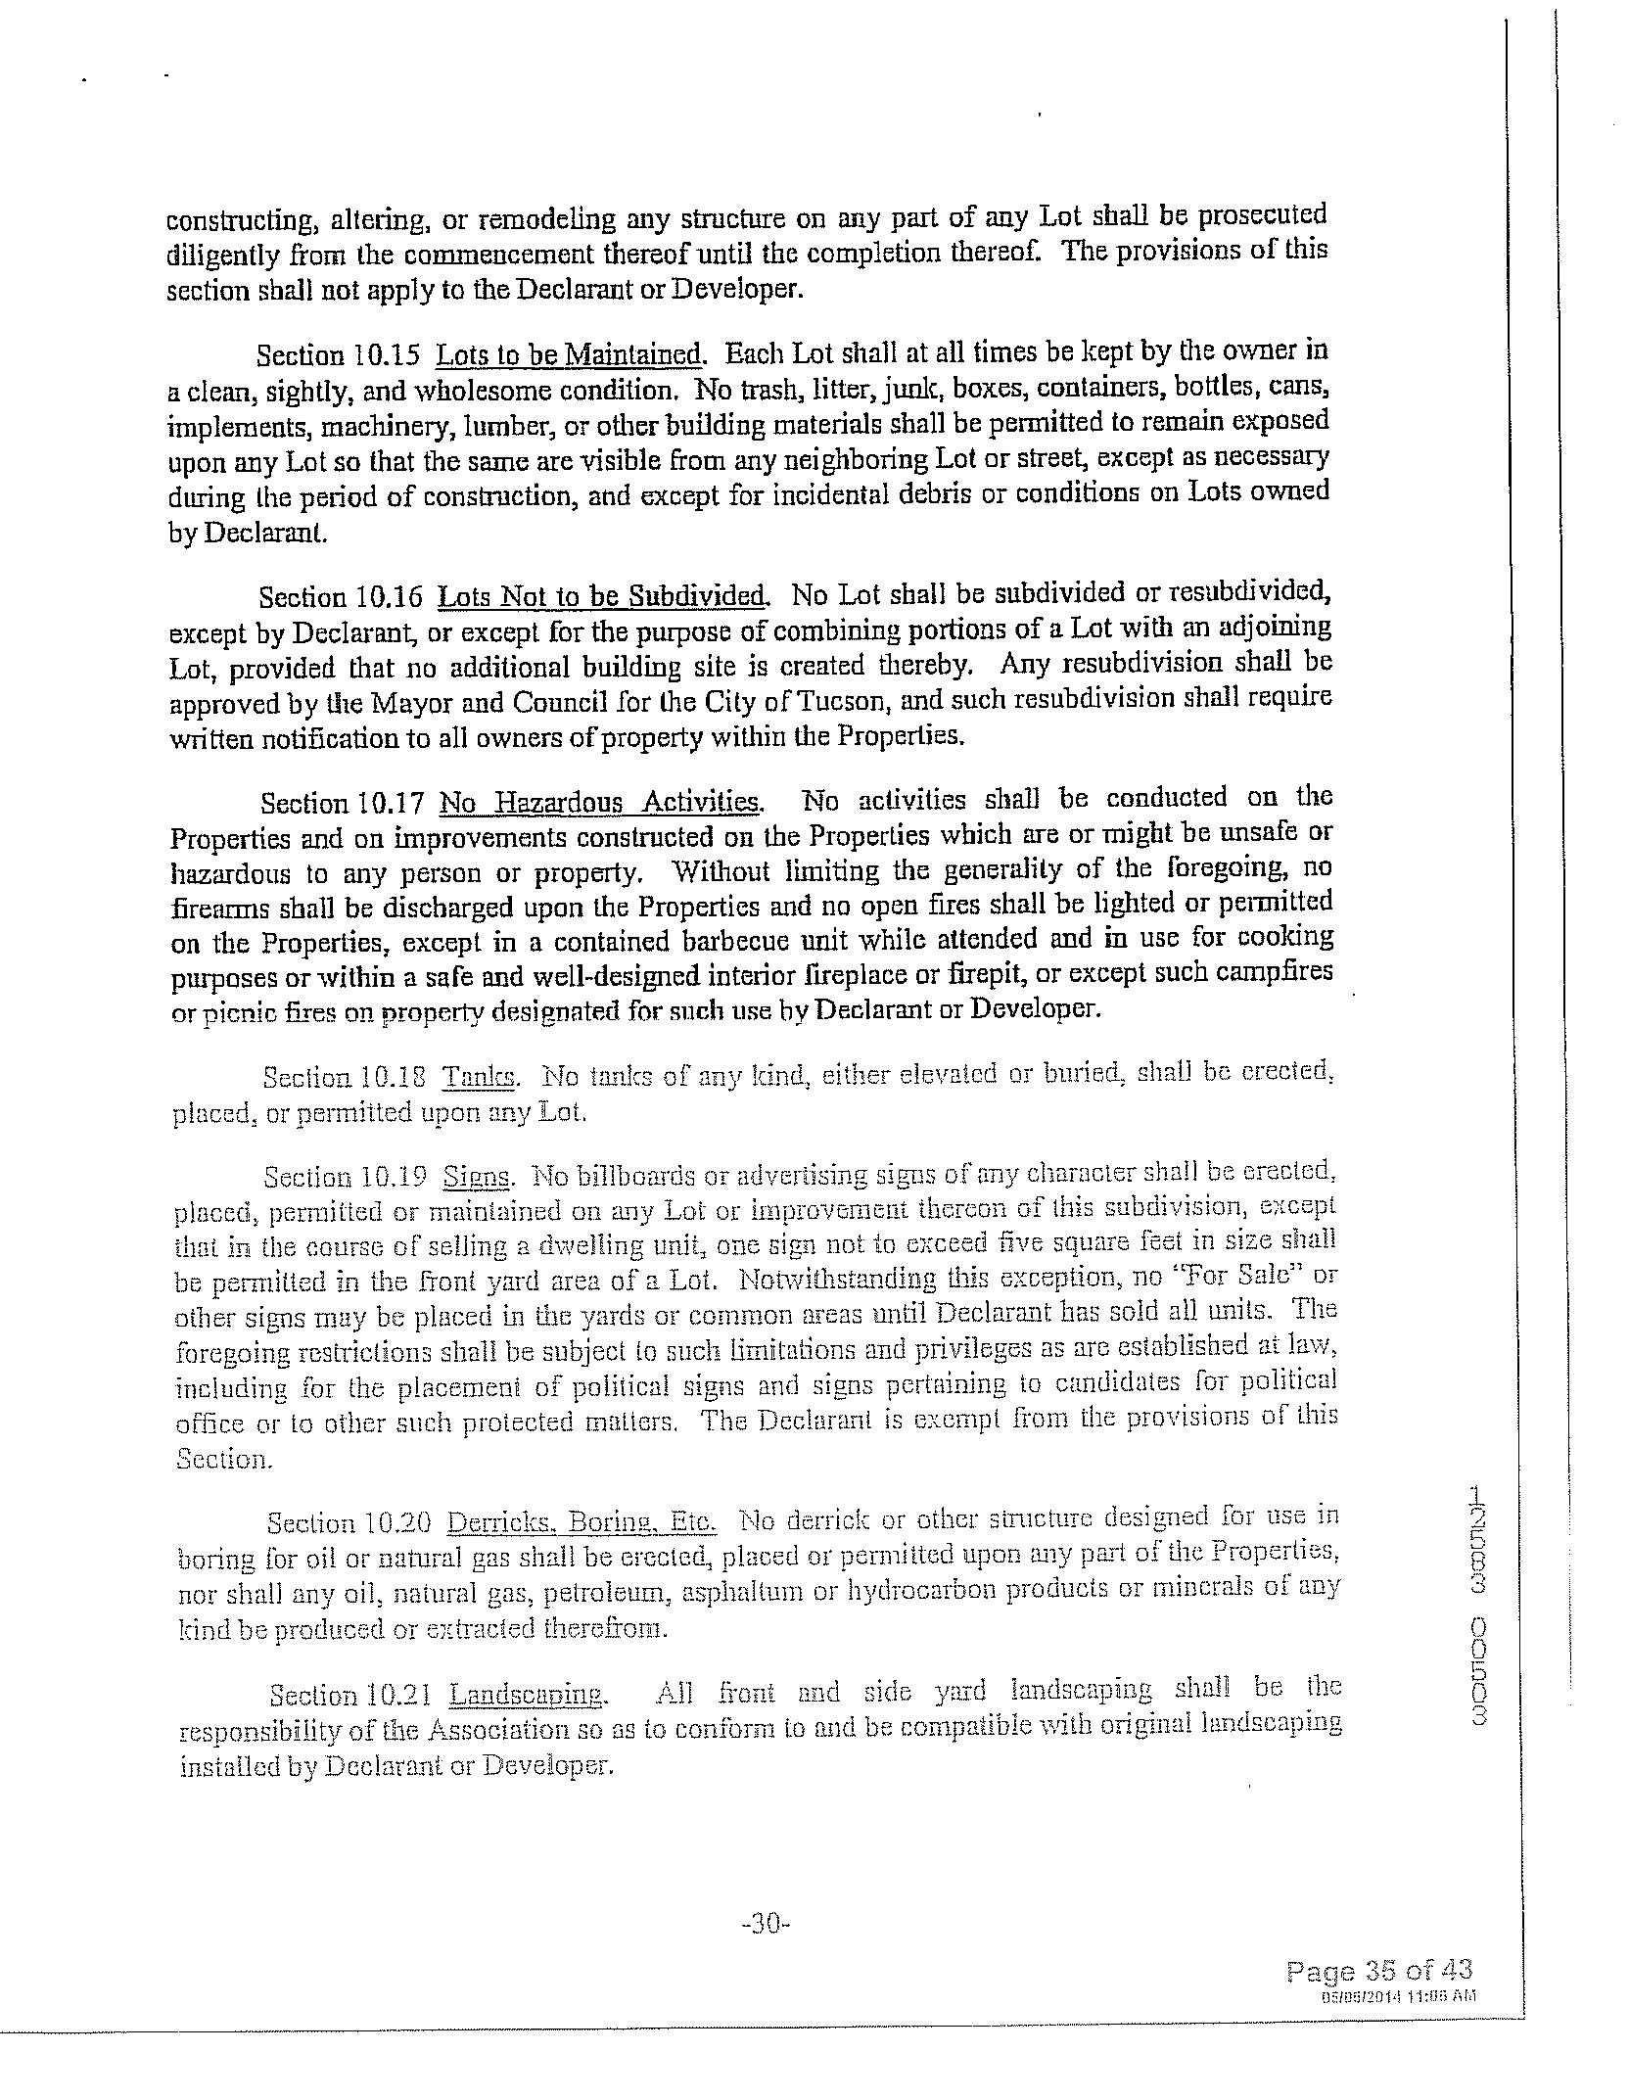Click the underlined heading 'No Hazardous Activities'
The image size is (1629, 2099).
pyautogui.click(x=600, y=803)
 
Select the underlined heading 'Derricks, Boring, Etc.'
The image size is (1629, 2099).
pyautogui.click(x=582, y=1522)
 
